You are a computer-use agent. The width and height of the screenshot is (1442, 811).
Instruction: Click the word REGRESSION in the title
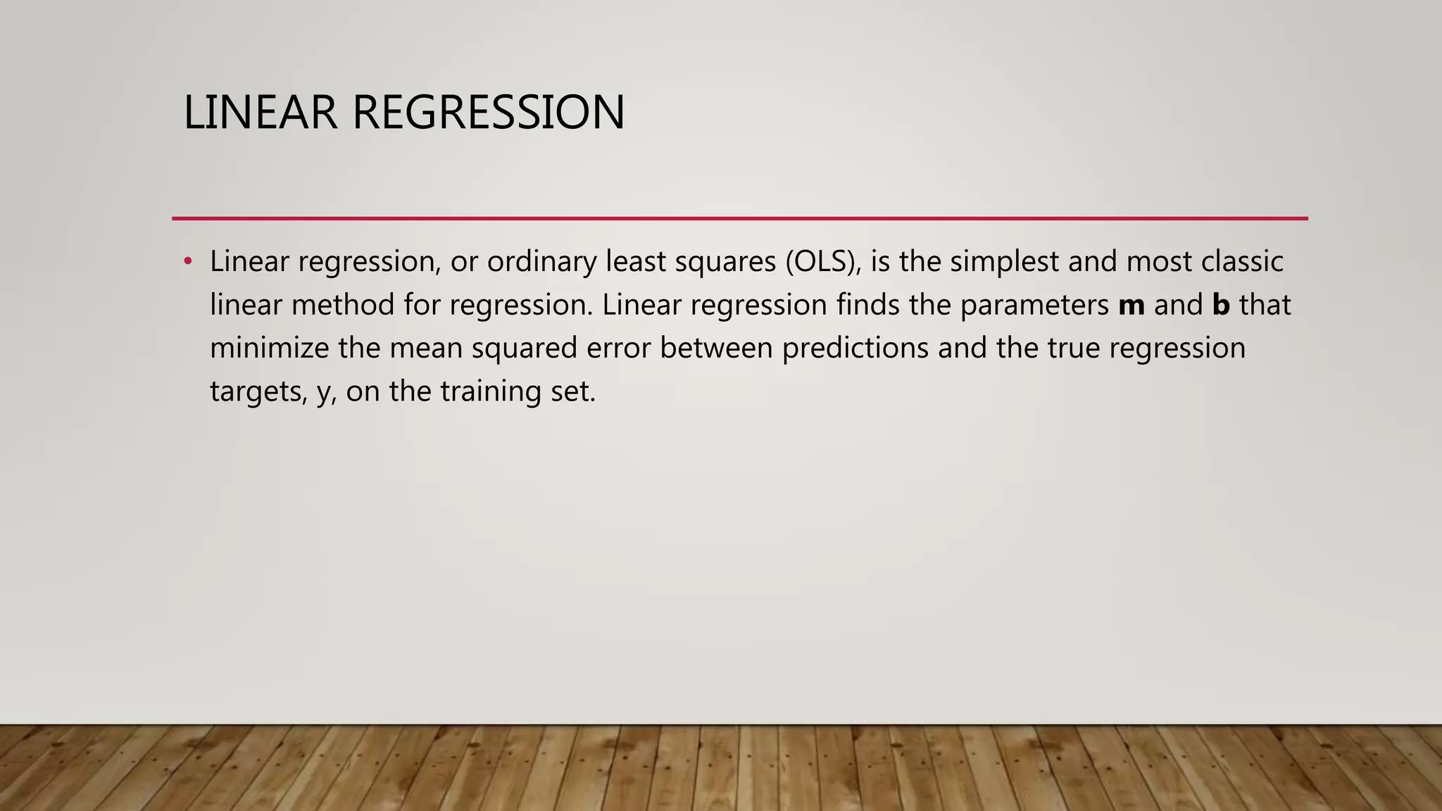[488, 113]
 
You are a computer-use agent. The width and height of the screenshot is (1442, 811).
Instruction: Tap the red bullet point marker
[187, 262]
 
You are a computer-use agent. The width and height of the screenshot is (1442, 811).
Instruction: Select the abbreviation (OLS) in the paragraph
[824, 262]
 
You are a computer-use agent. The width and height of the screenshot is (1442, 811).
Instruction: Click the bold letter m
[1131, 306]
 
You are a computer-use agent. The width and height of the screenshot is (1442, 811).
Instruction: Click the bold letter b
[1221, 306]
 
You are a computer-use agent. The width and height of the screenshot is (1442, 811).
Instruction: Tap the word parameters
[1034, 306]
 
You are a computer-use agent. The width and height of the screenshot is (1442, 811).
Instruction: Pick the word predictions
[855, 348]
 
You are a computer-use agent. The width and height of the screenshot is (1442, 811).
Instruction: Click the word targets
[258, 392]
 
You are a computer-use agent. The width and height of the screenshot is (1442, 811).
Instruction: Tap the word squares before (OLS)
[725, 262]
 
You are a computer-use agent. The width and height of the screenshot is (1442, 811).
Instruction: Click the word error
[618, 348]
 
